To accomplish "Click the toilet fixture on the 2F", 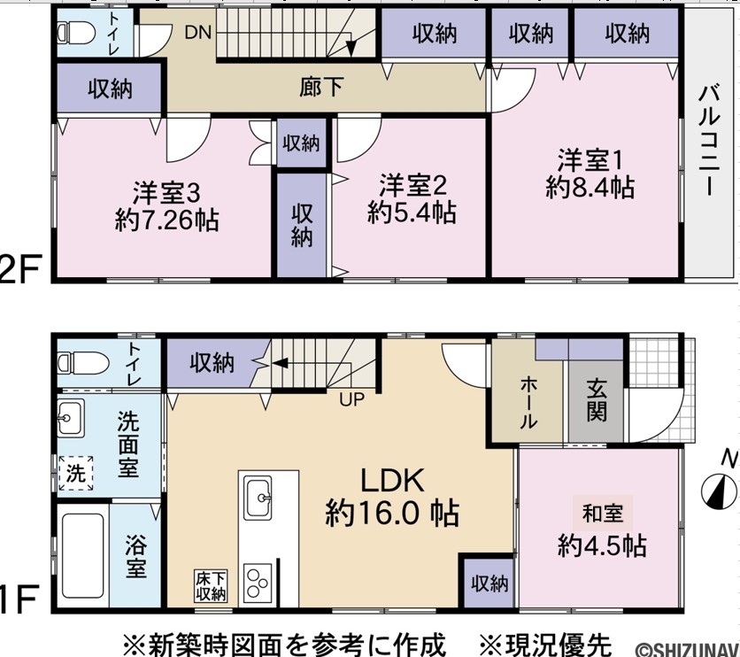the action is click(76, 33).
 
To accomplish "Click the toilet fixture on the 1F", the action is click(83, 363).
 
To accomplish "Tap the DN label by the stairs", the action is click(197, 33).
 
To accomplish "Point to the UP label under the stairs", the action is click(351, 399).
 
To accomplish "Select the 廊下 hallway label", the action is click(321, 87).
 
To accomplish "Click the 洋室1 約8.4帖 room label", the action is click(590, 174).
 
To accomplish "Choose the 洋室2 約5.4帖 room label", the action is click(412, 198).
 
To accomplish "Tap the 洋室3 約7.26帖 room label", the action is click(166, 206).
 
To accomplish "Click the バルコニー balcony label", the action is click(709, 141).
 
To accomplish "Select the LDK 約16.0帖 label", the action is click(392, 497).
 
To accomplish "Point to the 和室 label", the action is click(603, 513).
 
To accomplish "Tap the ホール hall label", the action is click(528, 403).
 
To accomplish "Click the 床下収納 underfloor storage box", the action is click(211, 586).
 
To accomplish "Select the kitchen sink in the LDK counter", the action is click(258, 498).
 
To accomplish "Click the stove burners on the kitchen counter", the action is click(258, 583).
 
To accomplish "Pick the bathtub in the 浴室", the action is click(83, 556).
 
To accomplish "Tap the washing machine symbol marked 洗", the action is click(75, 473).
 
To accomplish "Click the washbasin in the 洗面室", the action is click(71, 418).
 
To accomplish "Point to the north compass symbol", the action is click(720, 491).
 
